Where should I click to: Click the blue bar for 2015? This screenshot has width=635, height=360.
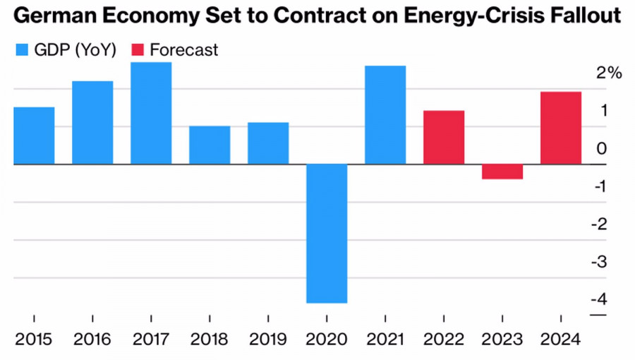[x=34, y=136]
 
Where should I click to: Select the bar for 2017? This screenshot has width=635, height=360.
[x=151, y=113]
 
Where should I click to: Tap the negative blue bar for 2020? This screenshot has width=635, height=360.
[x=327, y=233]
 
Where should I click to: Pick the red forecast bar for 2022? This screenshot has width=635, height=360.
[x=444, y=137]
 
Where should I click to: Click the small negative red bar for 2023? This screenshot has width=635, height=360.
[x=502, y=172]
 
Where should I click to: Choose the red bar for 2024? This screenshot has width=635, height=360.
[x=561, y=128]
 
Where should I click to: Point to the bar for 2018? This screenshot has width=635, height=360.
[x=210, y=145]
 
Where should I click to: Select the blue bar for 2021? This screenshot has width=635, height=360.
[x=385, y=115]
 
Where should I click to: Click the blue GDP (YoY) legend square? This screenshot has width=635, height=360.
[x=22, y=50]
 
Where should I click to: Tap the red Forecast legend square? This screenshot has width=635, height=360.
[x=138, y=50]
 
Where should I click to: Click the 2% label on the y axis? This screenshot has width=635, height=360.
[x=608, y=73]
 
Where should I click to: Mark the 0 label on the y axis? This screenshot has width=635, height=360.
[x=600, y=149]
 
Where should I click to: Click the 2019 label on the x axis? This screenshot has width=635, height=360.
[x=268, y=340]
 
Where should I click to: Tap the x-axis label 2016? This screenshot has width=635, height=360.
[x=92, y=340]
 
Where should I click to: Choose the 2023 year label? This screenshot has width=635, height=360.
[x=502, y=340]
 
